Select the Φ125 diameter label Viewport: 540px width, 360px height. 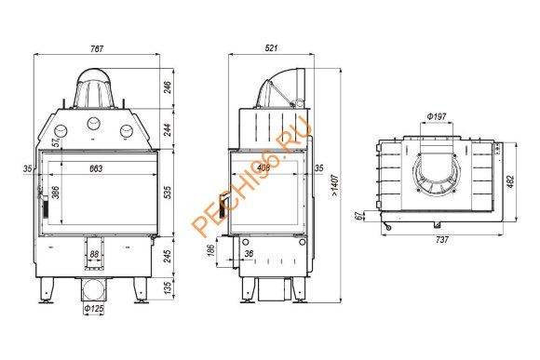pos(93,308)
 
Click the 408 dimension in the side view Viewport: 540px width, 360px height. pos(265,168)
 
